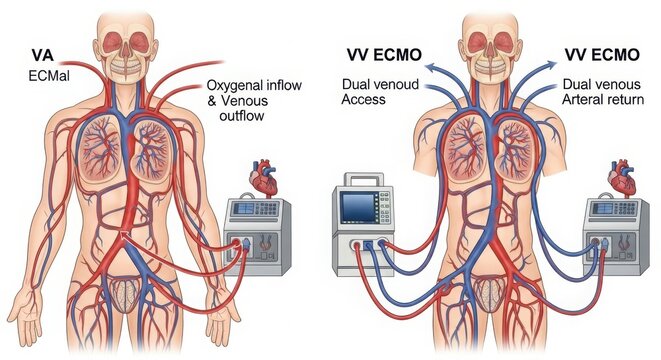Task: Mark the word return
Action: click(x=633, y=101)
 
